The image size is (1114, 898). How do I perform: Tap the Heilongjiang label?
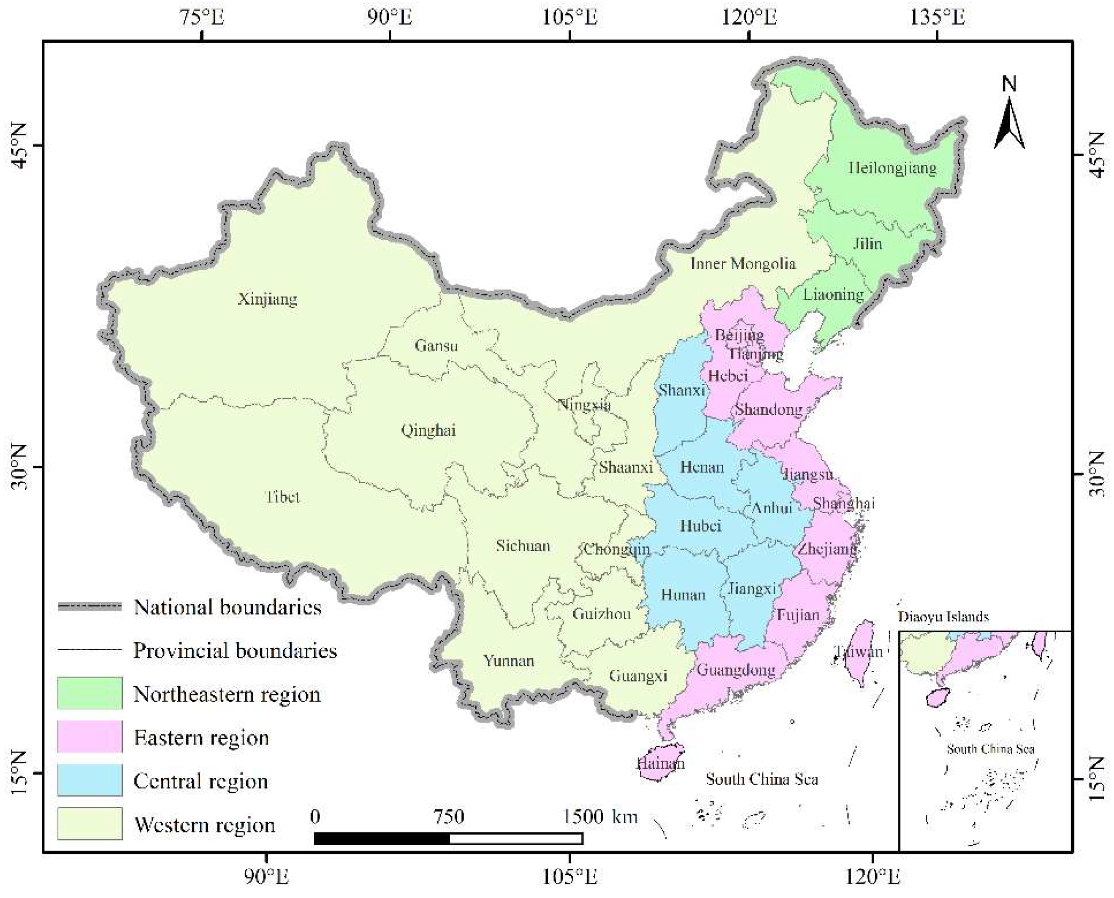(892, 168)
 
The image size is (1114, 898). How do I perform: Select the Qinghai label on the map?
(428, 430)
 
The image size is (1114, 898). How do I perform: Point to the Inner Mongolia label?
(743, 264)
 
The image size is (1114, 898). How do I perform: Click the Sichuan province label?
(523, 546)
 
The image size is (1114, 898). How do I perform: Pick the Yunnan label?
(508, 661)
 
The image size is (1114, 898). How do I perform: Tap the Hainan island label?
(660, 763)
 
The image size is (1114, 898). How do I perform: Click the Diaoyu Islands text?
(943, 617)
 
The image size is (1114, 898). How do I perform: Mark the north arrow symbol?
(1009, 122)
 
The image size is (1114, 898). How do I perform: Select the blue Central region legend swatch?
(89, 780)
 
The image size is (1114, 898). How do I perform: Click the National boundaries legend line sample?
(89, 607)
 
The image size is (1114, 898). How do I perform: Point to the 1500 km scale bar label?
(599, 817)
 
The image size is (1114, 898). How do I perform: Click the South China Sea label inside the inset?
(990, 749)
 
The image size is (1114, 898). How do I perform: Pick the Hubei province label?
(699, 526)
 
